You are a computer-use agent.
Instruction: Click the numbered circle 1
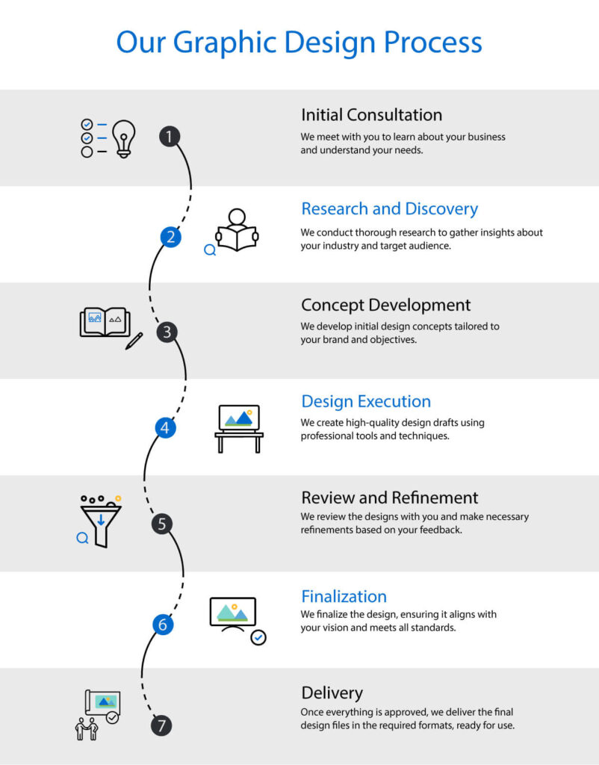(x=170, y=136)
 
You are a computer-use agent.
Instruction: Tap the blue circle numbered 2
(x=171, y=237)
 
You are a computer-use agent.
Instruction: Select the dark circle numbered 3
(x=167, y=332)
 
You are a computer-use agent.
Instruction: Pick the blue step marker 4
(x=165, y=428)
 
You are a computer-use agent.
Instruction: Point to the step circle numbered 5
(x=162, y=524)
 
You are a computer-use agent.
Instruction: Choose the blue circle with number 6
(x=163, y=625)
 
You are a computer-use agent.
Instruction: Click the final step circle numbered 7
(x=161, y=725)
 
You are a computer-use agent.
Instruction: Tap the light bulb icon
(x=124, y=138)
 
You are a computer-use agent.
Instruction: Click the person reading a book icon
(x=237, y=230)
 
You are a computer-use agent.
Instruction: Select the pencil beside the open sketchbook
(x=134, y=341)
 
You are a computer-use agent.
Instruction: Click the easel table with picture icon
(x=239, y=429)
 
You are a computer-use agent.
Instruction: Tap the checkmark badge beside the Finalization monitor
(x=258, y=637)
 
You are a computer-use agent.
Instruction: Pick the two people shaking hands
(x=87, y=729)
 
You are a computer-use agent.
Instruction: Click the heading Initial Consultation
(x=372, y=115)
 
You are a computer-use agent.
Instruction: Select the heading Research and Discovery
(x=390, y=209)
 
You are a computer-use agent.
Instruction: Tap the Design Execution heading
(x=366, y=401)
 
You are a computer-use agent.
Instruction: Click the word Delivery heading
(x=332, y=693)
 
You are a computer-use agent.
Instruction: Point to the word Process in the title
(x=433, y=42)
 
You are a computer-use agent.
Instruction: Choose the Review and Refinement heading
(x=390, y=498)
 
